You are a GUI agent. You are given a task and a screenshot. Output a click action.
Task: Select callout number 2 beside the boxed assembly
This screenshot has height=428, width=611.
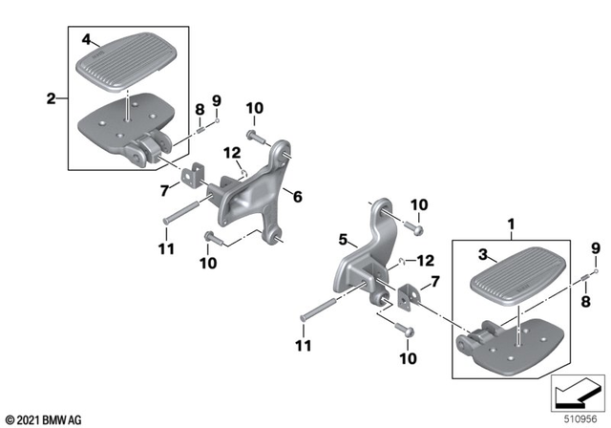point(52,96)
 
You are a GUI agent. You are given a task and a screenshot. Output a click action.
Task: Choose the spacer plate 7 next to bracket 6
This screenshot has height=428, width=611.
point(198,173)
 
